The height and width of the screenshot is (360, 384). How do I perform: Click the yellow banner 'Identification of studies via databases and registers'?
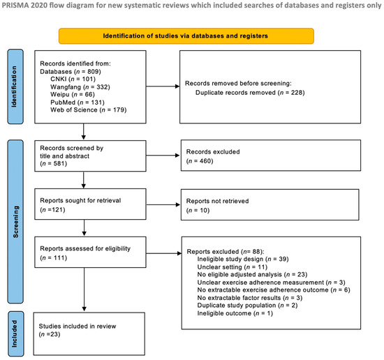186,36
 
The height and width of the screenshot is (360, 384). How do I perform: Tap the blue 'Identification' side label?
15,87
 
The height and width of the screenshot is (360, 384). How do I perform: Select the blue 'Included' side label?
16,333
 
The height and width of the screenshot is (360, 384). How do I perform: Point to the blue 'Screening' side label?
15,221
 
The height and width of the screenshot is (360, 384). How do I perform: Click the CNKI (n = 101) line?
73,79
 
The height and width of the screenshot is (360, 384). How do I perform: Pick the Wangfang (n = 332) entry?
80,87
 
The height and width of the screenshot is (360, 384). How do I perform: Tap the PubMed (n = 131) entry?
77,103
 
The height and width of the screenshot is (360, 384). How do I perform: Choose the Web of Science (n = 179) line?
89,110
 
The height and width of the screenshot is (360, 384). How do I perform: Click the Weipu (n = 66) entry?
73,94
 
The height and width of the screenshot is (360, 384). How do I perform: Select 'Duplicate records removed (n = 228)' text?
250,93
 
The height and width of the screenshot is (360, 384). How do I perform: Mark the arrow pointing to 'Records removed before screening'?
163,86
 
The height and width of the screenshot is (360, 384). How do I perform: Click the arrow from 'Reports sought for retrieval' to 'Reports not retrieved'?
163,204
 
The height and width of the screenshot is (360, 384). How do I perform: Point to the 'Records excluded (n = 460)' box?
271,156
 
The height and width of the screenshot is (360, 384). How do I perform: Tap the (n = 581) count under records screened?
53,163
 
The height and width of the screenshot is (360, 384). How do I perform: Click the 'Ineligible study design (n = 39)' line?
243,259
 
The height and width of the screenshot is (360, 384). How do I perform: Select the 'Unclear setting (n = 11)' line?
232,267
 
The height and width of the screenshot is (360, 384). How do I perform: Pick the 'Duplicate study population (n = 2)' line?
247,306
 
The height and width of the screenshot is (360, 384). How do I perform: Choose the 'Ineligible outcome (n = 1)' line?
235,313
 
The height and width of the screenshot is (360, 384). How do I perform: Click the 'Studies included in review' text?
77,327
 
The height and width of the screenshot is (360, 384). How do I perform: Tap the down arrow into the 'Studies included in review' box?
84,290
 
